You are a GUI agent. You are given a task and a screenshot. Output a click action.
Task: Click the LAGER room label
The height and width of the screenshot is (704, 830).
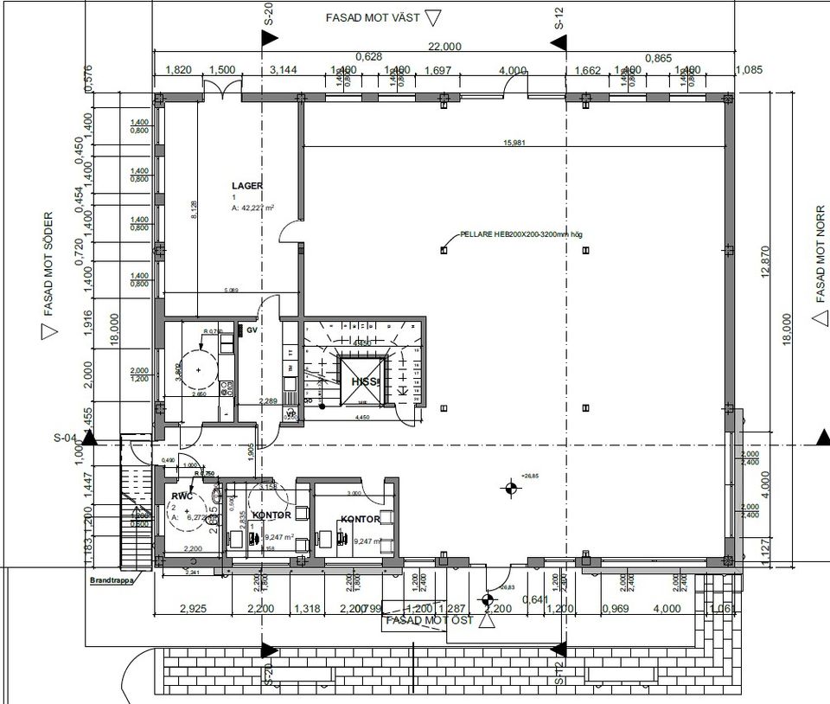click(247, 186)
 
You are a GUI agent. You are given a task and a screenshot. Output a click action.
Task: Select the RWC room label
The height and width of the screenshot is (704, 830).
click(182, 497)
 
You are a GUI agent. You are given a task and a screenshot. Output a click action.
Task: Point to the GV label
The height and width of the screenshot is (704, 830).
click(252, 330)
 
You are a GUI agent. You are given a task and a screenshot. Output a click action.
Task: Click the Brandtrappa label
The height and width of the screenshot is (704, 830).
click(112, 582)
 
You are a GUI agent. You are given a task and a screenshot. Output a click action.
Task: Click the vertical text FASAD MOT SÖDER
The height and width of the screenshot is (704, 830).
click(48, 265)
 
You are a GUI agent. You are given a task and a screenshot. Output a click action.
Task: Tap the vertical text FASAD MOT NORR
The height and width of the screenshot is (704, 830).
click(821, 253)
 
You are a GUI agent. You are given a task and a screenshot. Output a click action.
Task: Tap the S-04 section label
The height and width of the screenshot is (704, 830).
click(67, 439)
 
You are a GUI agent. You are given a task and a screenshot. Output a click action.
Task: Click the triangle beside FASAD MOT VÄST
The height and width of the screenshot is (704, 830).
click(434, 18)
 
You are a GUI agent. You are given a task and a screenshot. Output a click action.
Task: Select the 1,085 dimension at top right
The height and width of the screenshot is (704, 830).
click(748, 70)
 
